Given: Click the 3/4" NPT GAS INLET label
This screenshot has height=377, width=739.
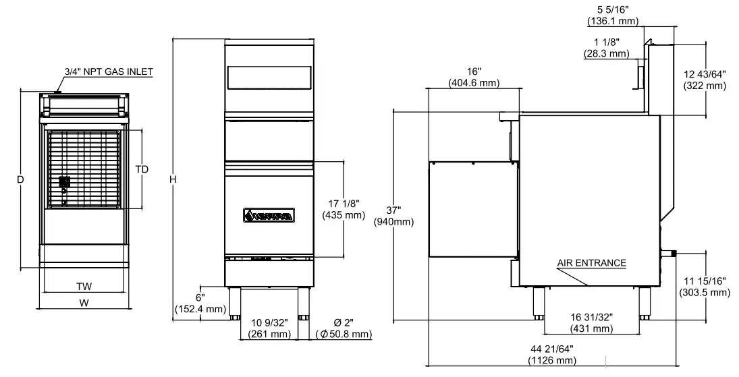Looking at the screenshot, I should (109, 71).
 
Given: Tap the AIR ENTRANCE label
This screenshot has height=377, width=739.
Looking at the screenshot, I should (591, 263).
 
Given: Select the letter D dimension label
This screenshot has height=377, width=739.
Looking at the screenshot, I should (21, 179).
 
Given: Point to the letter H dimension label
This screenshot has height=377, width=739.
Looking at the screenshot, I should (173, 179).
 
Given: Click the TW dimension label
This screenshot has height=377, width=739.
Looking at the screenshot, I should (84, 286).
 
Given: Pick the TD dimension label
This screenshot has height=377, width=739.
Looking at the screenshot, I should (142, 169).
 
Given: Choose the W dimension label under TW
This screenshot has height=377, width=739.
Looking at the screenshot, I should (84, 303).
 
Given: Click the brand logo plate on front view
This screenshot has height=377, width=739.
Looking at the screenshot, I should (268, 216).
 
